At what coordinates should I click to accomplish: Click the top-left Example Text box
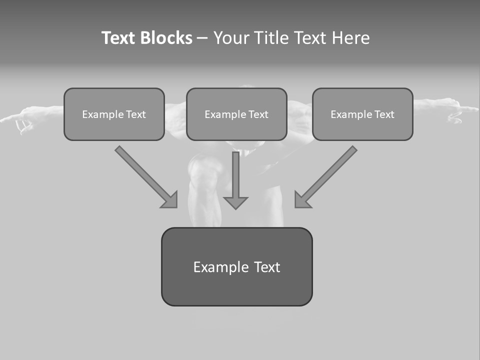(x=114, y=114)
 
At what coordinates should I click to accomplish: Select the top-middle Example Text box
(x=236, y=114)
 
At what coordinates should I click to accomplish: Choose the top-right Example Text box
(x=362, y=114)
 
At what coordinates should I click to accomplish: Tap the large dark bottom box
(x=236, y=266)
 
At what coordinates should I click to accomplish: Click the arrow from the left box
(x=145, y=175)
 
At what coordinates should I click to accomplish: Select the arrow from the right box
(x=327, y=175)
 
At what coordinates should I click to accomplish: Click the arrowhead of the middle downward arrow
(x=235, y=202)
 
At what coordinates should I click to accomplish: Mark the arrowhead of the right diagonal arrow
(x=302, y=199)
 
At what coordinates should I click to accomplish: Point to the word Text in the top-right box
(x=384, y=114)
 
